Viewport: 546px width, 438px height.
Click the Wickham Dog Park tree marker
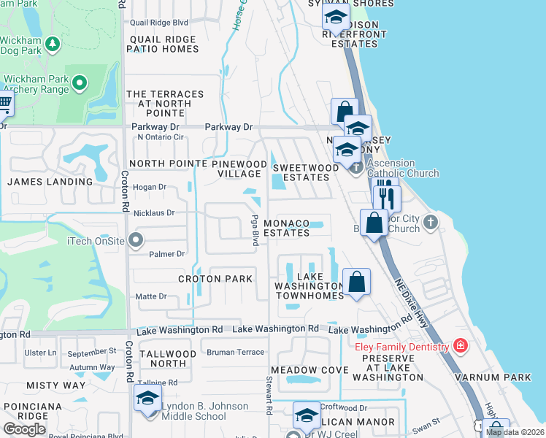tap(52, 45)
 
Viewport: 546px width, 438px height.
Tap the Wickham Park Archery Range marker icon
tap(80, 84)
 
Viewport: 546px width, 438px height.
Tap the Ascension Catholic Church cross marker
tap(356, 168)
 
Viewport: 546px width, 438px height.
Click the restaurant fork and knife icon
tap(386, 197)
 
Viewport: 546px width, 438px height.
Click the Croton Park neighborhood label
tap(215, 279)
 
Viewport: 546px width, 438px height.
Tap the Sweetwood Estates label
tap(306, 172)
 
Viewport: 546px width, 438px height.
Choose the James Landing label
tap(50, 181)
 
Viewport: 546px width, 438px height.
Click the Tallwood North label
tap(167, 358)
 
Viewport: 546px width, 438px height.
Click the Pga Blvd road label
tap(255, 229)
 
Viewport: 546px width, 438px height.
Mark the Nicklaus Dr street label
tap(155, 213)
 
